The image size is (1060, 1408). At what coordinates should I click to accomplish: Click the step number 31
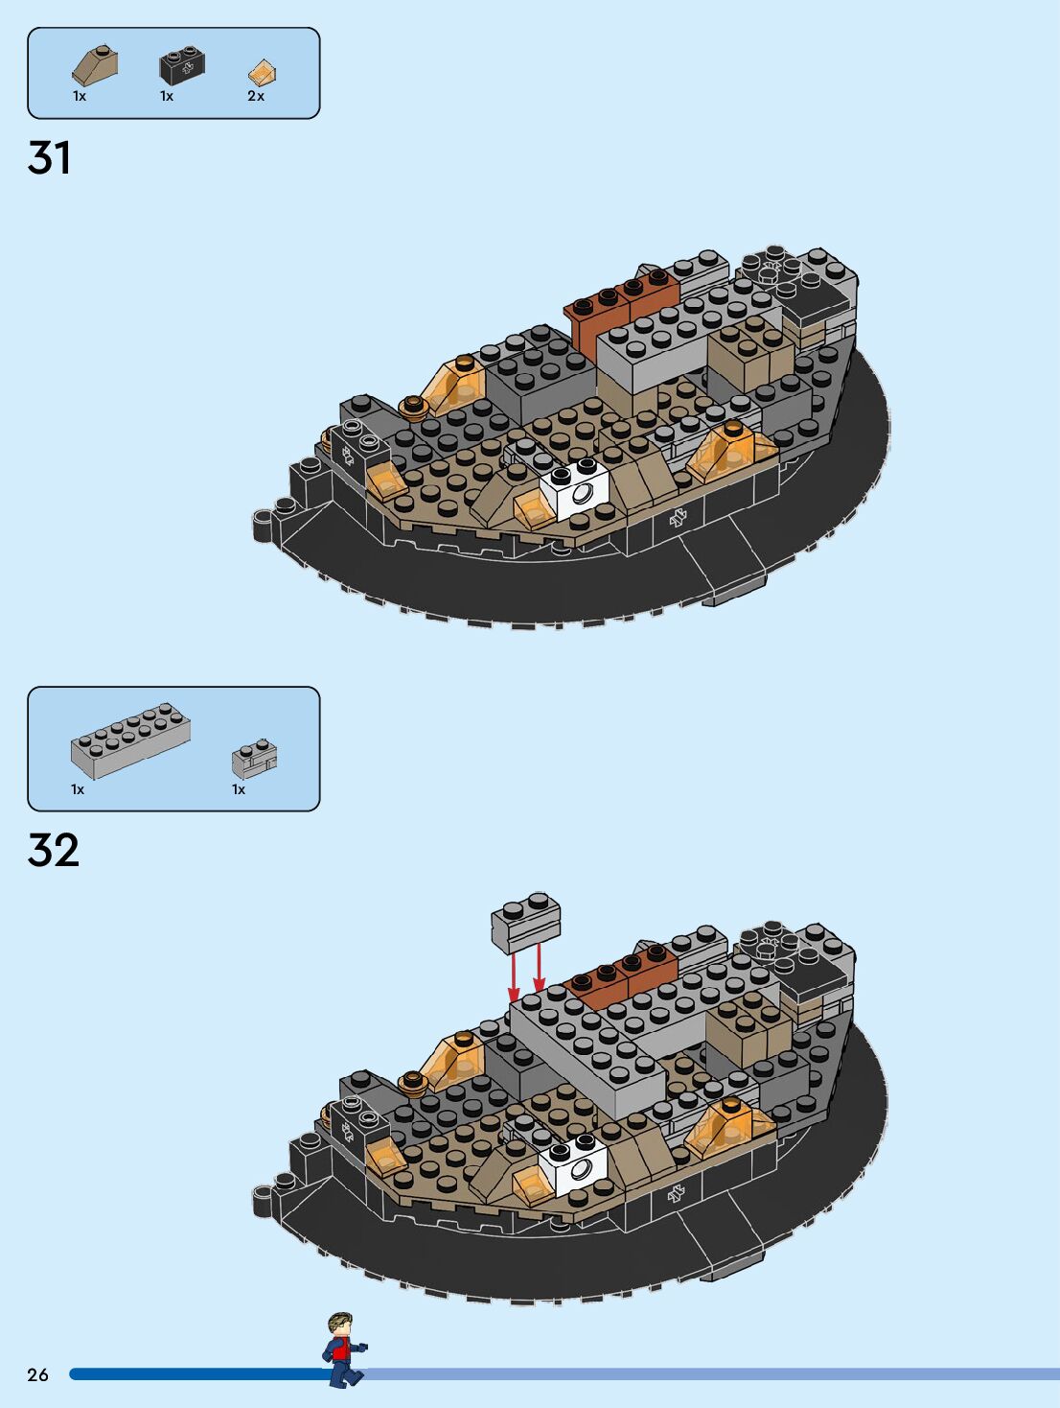[x=50, y=158]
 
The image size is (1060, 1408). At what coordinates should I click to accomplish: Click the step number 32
[x=54, y=850]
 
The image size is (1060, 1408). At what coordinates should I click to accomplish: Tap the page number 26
[x=37, y=1374]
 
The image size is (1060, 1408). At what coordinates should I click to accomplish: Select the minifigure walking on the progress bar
[x=342, y=1349]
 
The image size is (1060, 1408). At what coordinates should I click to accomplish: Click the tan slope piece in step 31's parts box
[x=95, y=65]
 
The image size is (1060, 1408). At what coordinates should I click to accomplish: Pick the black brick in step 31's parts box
[x=181, y=65]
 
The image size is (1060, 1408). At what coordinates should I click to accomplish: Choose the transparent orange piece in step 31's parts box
[x=262, y=72]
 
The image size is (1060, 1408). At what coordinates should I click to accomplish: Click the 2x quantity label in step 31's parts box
[x=256, y=96]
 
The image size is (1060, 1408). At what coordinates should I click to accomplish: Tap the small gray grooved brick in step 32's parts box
[x=254, y=759]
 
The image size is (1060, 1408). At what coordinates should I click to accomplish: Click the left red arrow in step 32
[x=515, y=976]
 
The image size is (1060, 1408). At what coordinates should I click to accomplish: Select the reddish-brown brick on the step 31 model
[x=620, y=300]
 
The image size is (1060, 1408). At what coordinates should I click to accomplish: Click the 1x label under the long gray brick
[x=78, y=789]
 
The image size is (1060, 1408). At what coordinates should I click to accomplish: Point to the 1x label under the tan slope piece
[x=80, y=96]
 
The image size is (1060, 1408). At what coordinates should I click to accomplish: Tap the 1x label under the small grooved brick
[x=239, y=789]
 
